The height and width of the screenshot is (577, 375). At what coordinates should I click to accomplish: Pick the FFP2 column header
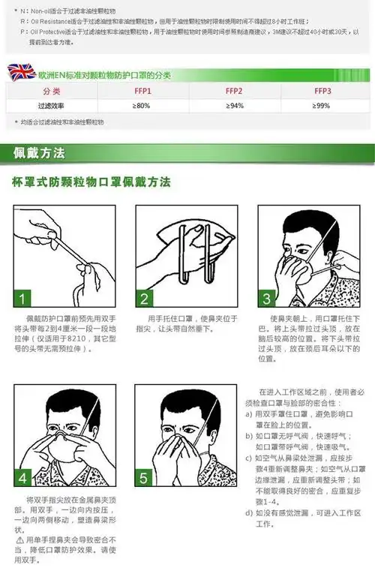(x=234, y=91)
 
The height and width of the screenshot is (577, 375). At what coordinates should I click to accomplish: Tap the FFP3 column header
(x=322, y=91)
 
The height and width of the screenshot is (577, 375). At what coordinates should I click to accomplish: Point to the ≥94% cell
(x=234, y=106)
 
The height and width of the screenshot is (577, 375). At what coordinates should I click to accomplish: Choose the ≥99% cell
(x=322, y=106)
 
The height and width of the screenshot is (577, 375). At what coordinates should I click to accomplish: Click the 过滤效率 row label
(x=51, y=106)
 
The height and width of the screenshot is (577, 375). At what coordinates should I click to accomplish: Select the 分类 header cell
(x=51, y=91)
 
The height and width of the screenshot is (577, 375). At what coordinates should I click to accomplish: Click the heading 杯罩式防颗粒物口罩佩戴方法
(x=91, y=182)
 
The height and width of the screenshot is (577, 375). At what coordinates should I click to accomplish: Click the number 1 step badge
(x=24, y=299)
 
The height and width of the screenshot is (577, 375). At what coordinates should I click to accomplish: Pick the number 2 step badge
(x=145, y=299)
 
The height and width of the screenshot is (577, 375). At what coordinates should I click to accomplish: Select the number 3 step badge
(x=268, y=299)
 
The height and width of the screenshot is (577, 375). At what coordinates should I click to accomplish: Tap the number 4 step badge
(x=24, y=477)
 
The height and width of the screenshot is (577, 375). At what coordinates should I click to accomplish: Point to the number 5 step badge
(x=145, y=477)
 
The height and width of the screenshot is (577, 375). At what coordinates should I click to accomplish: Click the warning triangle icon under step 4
(x=19, y=539)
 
